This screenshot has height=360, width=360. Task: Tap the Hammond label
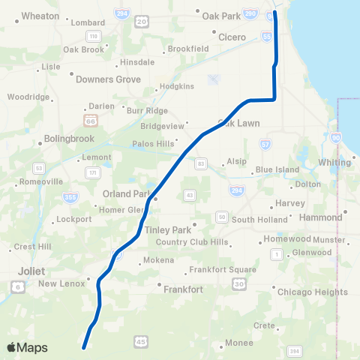pos(319,217)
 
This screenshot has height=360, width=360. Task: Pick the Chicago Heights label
pos(312,292)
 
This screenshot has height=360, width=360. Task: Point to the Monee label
pos(238,346)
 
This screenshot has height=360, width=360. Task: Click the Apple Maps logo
pos(28,347)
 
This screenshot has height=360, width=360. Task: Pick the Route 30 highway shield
pos(238,283)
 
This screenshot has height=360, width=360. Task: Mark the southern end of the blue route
pos(84,347)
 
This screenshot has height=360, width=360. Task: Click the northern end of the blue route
pos(274,12)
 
